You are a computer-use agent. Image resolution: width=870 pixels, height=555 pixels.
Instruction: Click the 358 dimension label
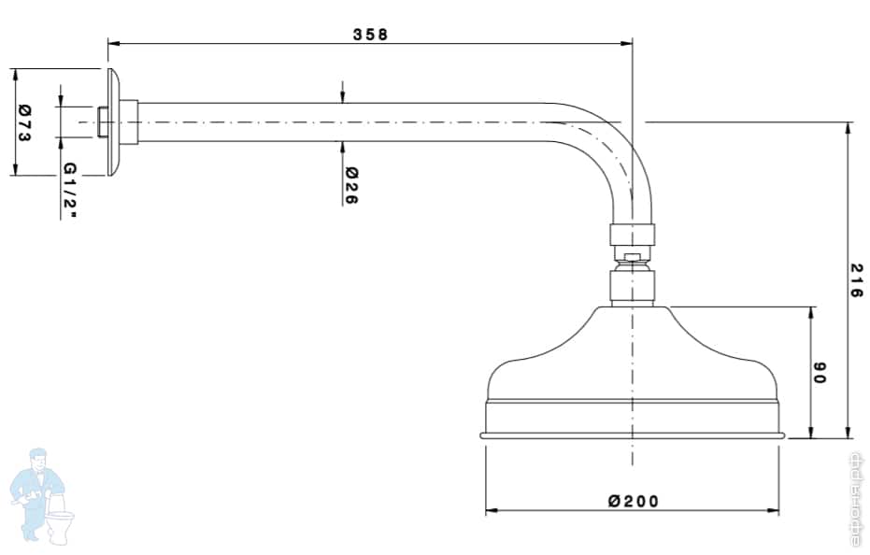click(x=370, y=34)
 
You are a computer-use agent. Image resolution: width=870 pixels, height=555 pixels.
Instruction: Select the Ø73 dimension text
click(x=25, y=121)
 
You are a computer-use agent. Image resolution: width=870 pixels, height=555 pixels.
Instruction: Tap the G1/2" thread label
click(x=70, y=191)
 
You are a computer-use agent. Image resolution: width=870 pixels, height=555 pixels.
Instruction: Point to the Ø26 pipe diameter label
click(x=351, y=186)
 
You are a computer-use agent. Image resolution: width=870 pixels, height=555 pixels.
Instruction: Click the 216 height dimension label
click(x=855, y=280)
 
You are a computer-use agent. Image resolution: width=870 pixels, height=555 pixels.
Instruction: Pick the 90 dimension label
click(x=820, y=373)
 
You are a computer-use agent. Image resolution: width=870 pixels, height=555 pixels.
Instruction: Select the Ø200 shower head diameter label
click(x=633, y=501)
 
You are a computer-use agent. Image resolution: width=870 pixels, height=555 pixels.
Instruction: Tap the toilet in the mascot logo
click(x=62, y=525)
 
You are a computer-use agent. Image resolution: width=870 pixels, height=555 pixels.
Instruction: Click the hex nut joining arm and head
click(x=633, y=235)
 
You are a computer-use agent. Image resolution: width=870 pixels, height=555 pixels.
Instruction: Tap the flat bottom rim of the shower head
click(x=633, y=434)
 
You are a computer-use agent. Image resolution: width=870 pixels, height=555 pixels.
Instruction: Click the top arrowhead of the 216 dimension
click(x=848, y=127)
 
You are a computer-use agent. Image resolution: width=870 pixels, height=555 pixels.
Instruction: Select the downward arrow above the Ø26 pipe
click(x=343, y=97)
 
